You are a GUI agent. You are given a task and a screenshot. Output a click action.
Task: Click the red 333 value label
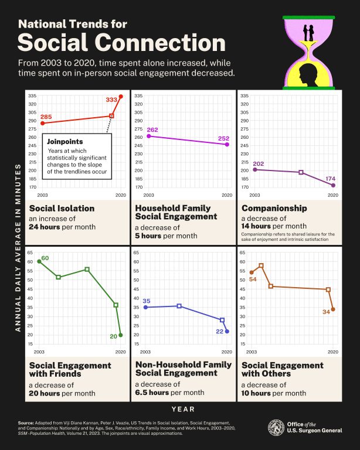coord(111,100)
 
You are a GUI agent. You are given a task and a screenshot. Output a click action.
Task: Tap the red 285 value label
coord(46,117)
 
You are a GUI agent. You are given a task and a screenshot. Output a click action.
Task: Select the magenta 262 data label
coord(153,129)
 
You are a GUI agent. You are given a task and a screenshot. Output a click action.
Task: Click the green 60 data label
coord(45,258)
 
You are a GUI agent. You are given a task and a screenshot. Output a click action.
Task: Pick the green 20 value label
coord(113,336)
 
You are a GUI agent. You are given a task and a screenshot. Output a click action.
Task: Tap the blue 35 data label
coord(147,301)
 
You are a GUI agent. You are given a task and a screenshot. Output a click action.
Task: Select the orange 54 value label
coord(253,279)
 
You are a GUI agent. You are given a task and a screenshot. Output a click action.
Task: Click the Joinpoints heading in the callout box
coord(65,141)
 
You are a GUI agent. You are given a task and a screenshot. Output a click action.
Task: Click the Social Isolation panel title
coord(62,208)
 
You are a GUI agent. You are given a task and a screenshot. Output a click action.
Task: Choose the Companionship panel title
coord(274,208)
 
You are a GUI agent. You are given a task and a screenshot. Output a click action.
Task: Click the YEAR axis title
coord(179,409)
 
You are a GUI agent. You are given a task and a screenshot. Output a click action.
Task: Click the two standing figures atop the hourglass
coord(309,33)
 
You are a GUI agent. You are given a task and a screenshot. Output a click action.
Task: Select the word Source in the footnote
coord(27,422)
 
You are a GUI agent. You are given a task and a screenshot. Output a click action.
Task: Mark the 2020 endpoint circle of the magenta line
coord(227,144)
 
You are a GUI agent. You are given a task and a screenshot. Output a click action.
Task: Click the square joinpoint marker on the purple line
coord(301,172)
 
